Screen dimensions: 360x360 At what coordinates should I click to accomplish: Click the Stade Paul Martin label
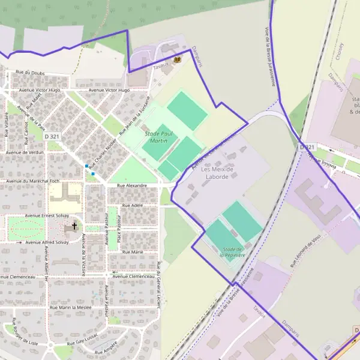click(155, 136)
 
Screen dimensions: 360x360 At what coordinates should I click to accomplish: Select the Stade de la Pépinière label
click(231, 251)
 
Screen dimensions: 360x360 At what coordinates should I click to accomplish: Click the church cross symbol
click(75, 226)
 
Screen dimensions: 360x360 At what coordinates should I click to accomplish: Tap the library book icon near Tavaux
click(177, 59)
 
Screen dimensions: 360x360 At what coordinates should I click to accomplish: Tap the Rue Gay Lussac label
click(88, 341)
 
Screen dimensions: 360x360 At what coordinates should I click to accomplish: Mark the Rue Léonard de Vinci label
click(311, 248)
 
